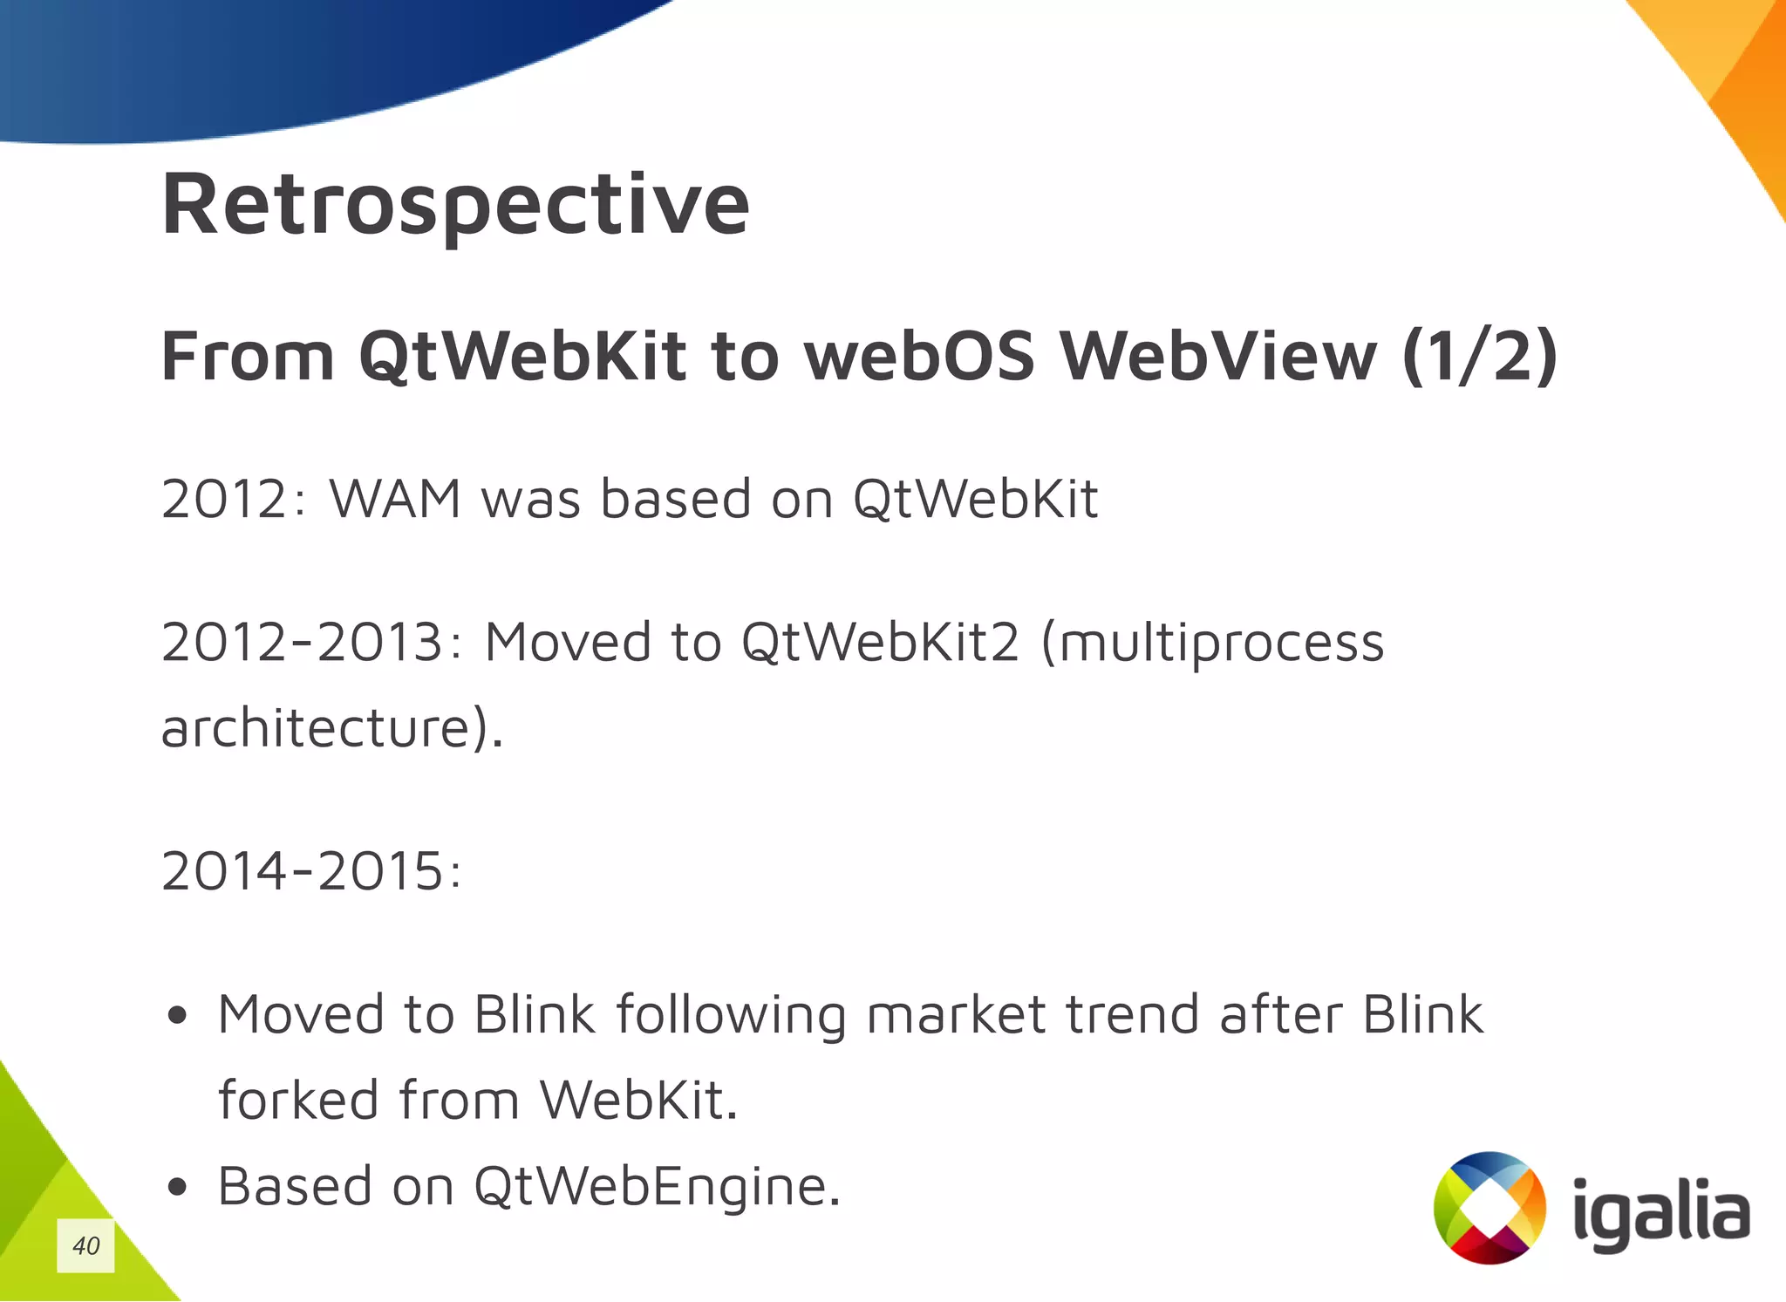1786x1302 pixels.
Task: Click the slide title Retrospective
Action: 455,206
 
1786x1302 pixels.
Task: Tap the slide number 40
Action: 85,1245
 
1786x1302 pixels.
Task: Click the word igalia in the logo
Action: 1660,1214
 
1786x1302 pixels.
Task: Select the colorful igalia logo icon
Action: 1489,1208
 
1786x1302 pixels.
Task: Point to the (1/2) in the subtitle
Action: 1479,357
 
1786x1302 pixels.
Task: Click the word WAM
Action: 395,500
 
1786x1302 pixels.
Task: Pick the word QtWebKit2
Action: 880,643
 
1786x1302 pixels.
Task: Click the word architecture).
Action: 332,728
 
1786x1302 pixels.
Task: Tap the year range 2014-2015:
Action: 311,871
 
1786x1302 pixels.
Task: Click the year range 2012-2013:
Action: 311,643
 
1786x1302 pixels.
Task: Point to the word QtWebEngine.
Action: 657,1187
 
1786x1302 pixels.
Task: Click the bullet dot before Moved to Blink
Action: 178,1015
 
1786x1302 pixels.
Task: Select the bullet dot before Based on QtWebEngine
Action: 178,1187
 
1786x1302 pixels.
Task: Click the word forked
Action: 297,1100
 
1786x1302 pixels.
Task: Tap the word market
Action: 956,1015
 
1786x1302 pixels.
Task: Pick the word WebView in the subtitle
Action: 1218,357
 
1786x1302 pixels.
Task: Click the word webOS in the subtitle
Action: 919,357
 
